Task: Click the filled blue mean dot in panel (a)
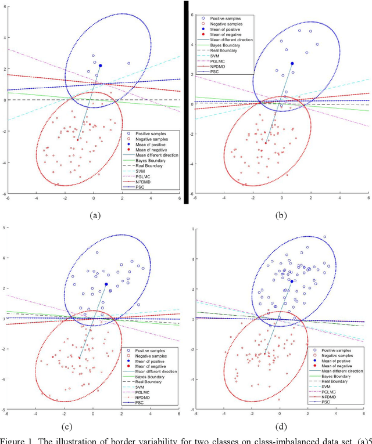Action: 101,66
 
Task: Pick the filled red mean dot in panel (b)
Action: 266,143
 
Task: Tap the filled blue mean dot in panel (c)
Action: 106,284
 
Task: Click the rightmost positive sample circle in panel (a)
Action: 128,63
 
